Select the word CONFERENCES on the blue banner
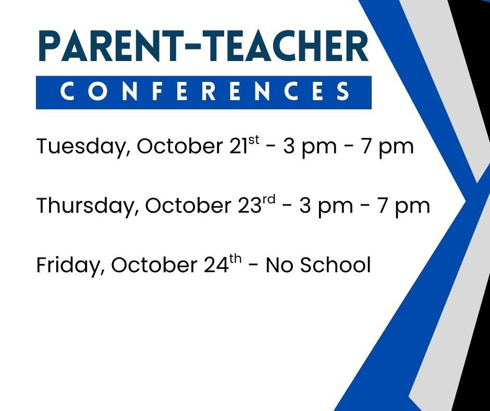[x=204, y=92]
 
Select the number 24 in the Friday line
[x=215, y=265]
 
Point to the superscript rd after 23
[x=268, y=200]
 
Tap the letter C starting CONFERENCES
[x=67, y=92]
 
